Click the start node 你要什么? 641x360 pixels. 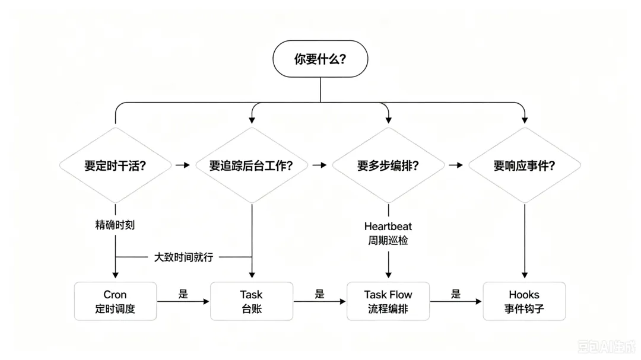[320, 59]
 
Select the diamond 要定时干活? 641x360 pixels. [115, 165]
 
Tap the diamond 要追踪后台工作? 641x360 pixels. [252, 165]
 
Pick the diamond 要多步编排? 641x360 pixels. [388, 165]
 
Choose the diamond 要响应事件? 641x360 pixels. [525, 165]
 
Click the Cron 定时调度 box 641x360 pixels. [115, 301]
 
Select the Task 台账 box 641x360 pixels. [252, 301]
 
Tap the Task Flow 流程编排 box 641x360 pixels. [388, 301]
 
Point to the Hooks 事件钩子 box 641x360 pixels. [525, 301]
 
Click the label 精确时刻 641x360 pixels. [115, 225]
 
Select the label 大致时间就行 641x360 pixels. [183, 257]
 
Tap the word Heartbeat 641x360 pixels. [388, 226]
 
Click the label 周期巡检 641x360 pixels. [388, 240]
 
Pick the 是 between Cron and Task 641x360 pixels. [183, 294]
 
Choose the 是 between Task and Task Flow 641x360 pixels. [320, 294]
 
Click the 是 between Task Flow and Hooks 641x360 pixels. [456, 294]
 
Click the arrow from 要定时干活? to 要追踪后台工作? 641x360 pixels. [183, 165]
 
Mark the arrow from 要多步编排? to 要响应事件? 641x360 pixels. [456, 165]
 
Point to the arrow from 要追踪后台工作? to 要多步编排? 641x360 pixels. [320, 165]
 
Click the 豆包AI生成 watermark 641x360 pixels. [607, 347]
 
